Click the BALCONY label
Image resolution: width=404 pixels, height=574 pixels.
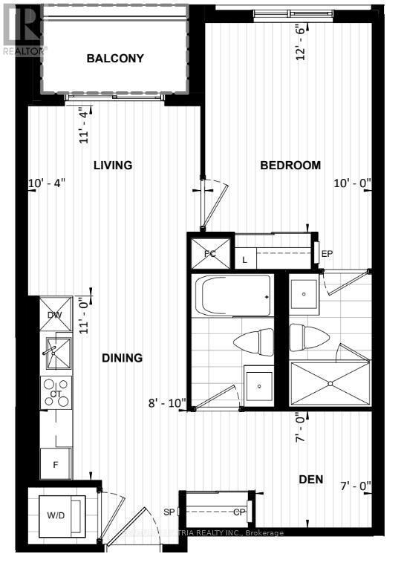click(x=114, y=58)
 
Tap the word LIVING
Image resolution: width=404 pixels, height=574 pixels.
click(x=113, y=165)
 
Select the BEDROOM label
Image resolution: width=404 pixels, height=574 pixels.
click(x=290, y=165)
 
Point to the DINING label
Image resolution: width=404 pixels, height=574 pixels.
click(x=122, y=358)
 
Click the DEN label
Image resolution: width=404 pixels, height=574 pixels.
click(x=312, y=480)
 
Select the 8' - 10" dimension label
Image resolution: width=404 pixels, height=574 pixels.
click(x=167, y=404)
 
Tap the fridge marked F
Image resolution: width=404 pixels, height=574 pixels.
click(x=56, y=463)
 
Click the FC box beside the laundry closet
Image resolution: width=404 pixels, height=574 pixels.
click(x=209, y=252)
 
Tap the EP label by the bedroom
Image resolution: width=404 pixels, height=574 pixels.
click(x=328, y=253)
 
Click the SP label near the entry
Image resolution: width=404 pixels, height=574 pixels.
click(x=169, y=512)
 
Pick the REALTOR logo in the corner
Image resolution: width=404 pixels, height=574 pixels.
click(x=24, y=30)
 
